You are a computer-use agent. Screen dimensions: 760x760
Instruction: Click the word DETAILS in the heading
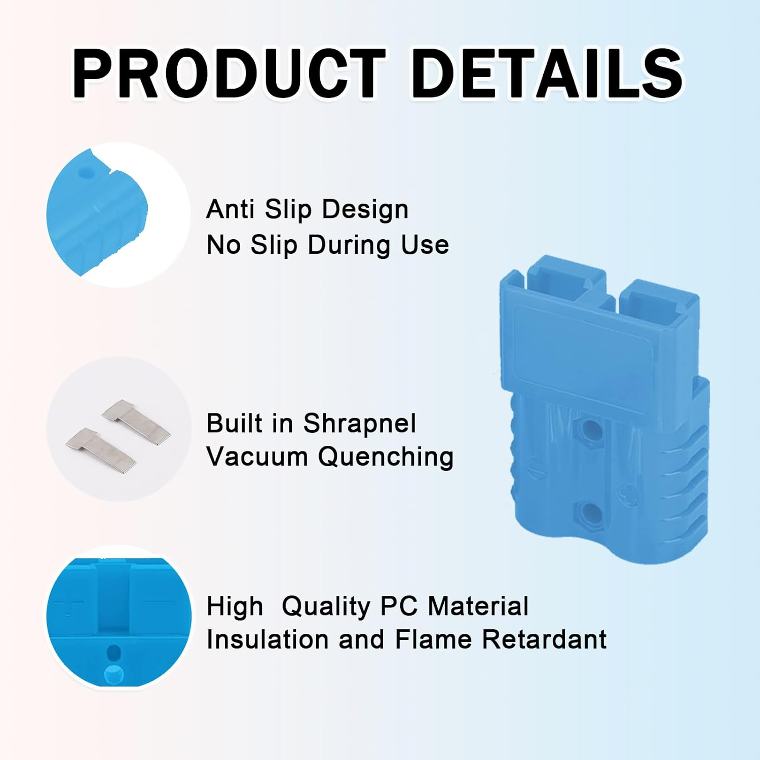point(547,74)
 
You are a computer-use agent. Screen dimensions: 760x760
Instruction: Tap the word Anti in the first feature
point(230,209)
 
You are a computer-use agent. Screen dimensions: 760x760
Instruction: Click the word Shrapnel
point(359,424)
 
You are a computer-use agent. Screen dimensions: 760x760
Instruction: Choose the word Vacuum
point(257,457)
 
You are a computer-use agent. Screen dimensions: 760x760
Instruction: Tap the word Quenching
point(386,458)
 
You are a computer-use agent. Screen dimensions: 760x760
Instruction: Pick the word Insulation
point(268,639)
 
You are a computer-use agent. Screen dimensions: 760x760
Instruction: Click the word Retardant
point(544,639)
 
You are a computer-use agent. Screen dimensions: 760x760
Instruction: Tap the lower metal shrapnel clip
point(101,448)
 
